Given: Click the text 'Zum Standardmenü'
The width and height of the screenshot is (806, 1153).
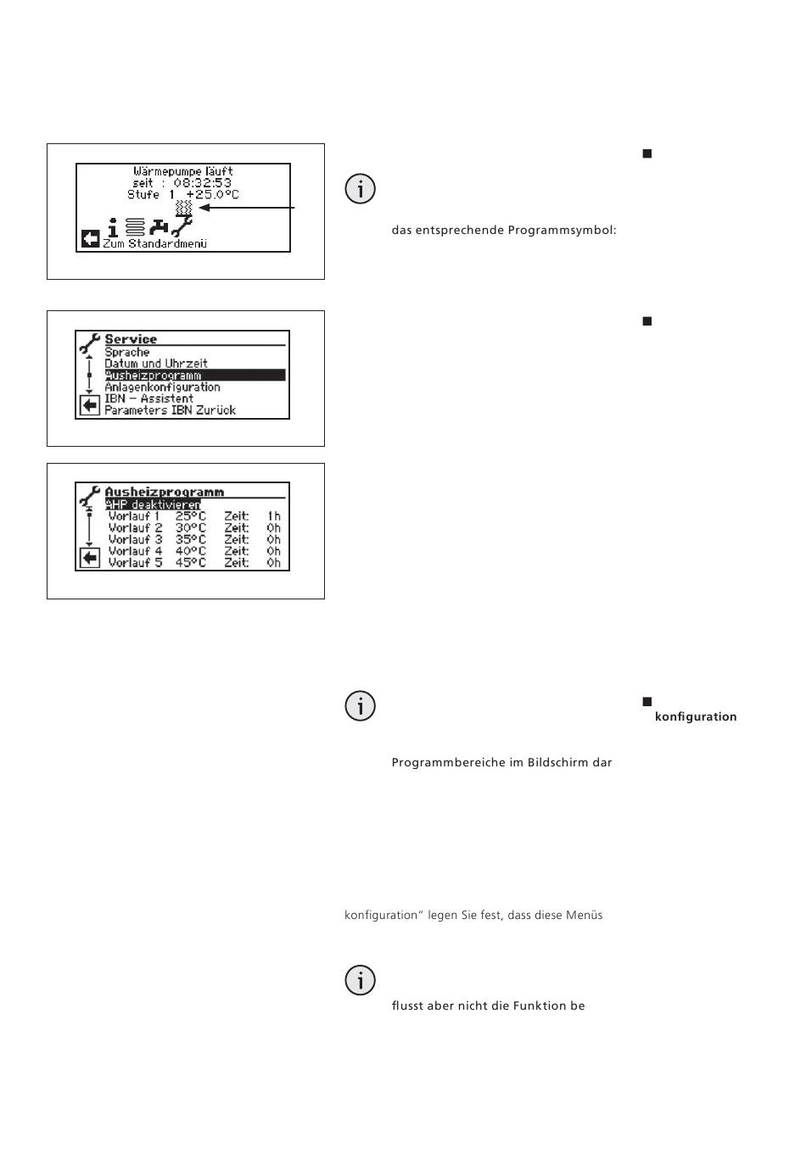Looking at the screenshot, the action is point(154,244).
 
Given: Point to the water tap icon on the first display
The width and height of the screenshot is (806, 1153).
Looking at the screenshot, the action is point(160,227).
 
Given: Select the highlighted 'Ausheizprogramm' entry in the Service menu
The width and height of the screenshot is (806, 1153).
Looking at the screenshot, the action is point(154,376).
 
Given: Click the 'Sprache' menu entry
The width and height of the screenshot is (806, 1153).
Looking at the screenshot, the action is point(127,352).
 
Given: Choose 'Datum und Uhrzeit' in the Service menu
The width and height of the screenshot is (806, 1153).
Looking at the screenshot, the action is point(156,364).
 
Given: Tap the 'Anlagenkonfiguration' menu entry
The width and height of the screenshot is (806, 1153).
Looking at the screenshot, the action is point(162,387).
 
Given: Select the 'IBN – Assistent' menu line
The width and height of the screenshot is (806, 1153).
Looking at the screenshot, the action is point(148,398).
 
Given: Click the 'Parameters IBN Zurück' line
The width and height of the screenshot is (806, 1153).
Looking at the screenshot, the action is point(170,410).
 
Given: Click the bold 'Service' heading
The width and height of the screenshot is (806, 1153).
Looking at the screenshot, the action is point(131,339).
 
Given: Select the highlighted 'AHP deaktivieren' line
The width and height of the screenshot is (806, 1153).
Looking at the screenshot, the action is point(153,504).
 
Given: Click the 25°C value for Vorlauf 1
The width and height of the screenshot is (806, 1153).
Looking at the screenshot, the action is point(191,516).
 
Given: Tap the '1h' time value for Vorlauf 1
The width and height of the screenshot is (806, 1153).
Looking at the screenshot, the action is point(273,516).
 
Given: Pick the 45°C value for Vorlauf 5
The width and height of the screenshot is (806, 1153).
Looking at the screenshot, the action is point(191,563).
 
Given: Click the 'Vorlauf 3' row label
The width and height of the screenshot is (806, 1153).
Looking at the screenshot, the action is point(135,539).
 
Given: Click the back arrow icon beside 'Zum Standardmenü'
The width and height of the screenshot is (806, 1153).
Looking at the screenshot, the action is point(90,239).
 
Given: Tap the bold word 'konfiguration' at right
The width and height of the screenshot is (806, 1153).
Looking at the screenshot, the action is point(696,717).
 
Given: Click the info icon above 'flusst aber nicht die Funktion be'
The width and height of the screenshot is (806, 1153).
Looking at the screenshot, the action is point(361,980).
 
